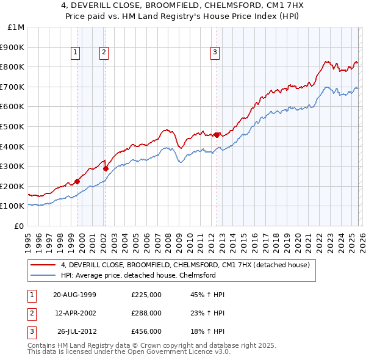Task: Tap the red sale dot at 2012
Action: pyautogui.click(x=217, y=135)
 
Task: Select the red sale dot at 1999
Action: pyautogui.click(x=77, y=181)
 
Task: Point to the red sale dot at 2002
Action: pyautogui.click(x=106, y=168)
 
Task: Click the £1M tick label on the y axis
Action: pyautogui.click(x=16, y=27)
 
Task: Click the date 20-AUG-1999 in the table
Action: pyautogui.click(x=74, y=295)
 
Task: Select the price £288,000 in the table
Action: pyautogui.click(x=146, y=312)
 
